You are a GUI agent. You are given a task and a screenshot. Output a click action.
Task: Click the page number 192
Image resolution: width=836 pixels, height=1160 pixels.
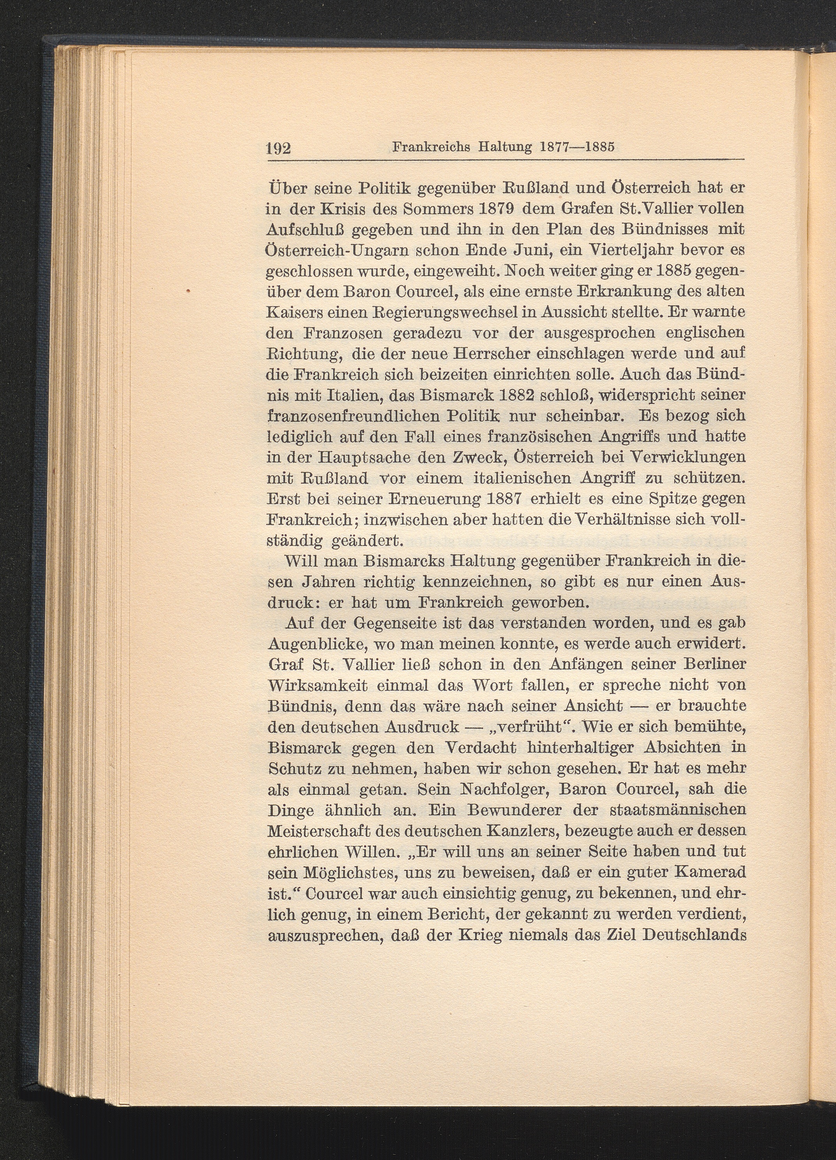pyautogui.click(x=279, y=148)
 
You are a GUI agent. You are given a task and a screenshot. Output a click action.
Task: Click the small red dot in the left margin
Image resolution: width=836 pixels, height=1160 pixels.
pyautogui.click(x=188, y=291)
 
